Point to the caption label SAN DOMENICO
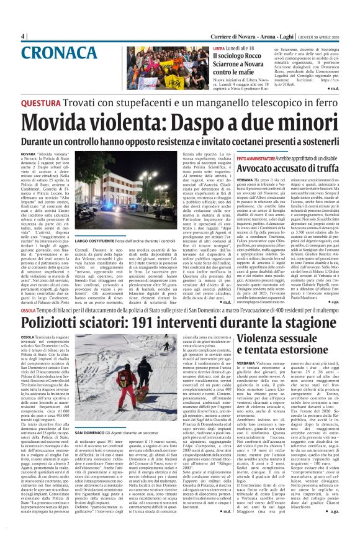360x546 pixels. coord(90,430)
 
